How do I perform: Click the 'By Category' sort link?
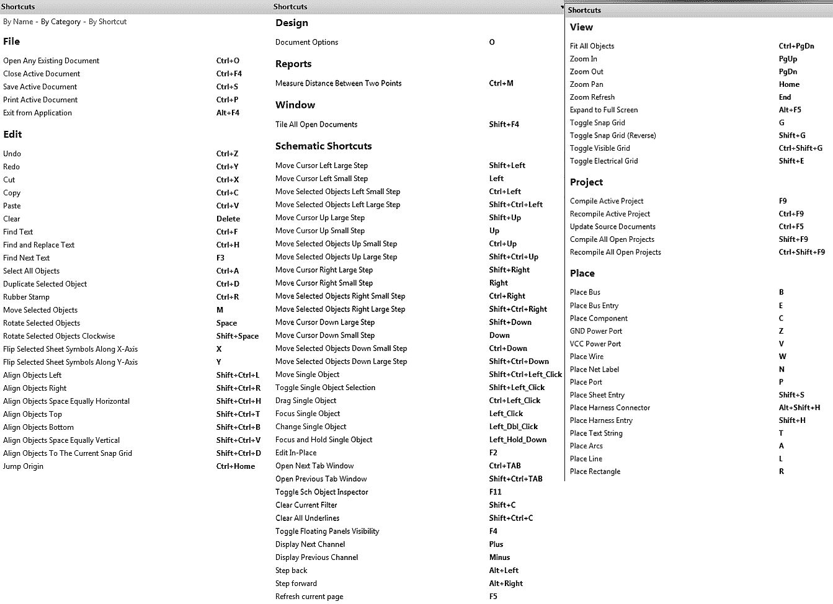point(61,22)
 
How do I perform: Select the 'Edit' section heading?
point(12,135)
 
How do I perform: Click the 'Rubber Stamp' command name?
point(26,297)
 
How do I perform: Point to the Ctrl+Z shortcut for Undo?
point(227,154)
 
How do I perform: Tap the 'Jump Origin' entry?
point(23,466)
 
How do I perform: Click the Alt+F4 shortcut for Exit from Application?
point(228,113)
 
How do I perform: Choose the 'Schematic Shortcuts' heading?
point(323,146)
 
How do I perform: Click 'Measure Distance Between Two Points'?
point(338,83)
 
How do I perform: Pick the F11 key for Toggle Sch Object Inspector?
point(495,492)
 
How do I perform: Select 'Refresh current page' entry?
point(309,597)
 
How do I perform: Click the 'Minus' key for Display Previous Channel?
point(499,557)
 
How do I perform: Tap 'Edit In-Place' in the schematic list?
point(296,453)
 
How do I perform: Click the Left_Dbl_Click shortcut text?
point(513,427)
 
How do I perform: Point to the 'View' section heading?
point(581,27)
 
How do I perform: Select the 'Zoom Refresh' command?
point(592,97)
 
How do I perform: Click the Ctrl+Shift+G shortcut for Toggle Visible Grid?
point(800,148)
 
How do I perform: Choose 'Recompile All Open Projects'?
point(615,252)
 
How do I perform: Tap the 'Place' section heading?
point(582,273)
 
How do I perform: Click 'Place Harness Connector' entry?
point(610,408)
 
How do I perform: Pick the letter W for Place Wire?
point(782,357)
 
